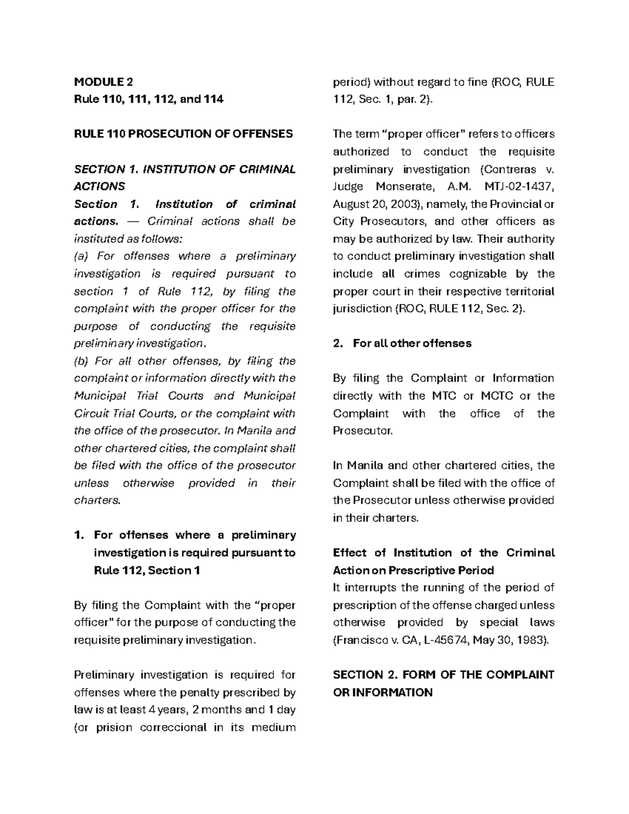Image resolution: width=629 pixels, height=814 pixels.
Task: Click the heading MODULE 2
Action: [103, 82]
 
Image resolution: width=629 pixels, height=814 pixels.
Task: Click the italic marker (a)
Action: [82, 256]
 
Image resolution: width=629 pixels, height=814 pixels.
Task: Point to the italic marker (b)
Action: [82, 361]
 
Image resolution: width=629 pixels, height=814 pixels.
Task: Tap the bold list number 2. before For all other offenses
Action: [338, 343]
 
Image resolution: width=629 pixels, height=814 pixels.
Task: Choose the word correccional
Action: [174, 728]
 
